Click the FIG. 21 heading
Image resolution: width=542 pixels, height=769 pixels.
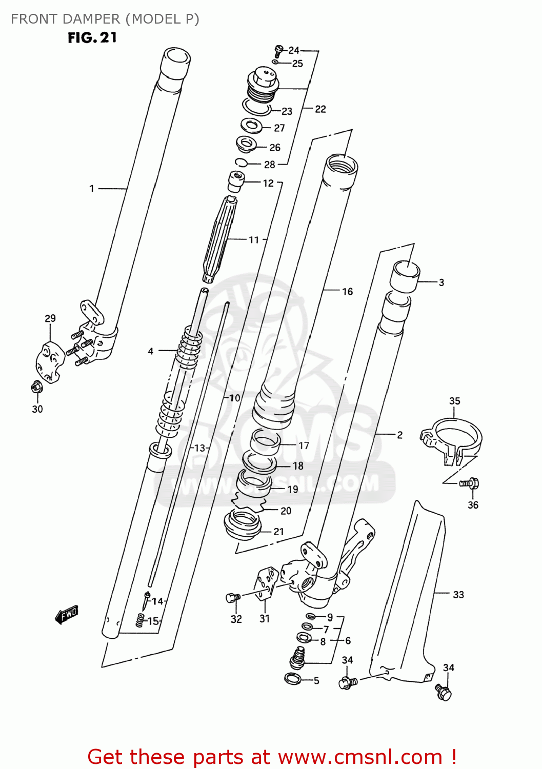click(x=92, y=38)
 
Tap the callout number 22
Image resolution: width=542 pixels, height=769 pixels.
click(x=320, y=109)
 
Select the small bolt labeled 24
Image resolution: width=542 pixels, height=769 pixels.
click(x=278, y=50)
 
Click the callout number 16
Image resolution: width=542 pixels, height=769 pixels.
click(x=347, y=292)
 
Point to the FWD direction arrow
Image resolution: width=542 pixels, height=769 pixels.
click(x=67, y=614)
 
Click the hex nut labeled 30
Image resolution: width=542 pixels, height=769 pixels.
click(x=36, y=388)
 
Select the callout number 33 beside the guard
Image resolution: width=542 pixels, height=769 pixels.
click(x=458, y=595)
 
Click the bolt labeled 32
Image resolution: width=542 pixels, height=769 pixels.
click(x=233, y=597)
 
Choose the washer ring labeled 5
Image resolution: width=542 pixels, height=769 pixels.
click(x=293, y=679)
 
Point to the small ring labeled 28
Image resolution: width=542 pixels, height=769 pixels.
click(x=241, y=163)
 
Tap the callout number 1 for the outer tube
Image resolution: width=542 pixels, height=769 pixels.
click(x=92, y=189)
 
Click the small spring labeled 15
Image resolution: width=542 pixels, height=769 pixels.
click(x=139, y=621)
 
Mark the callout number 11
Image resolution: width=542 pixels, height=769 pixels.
click(x=254, y=240)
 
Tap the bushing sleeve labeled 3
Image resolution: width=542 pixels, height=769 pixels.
click(x=405, y=277)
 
